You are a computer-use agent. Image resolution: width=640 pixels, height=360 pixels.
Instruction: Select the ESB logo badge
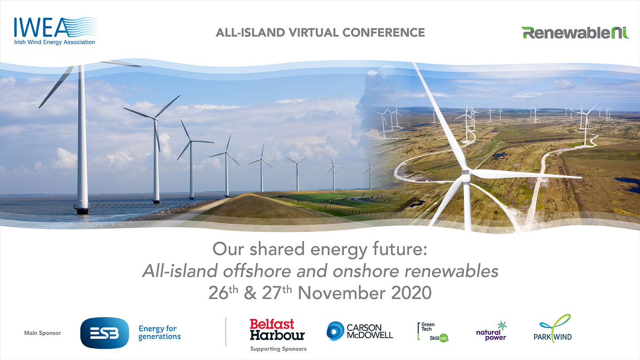(x=104, y=333)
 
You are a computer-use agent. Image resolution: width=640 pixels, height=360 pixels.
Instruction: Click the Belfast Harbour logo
(x=277, y=330)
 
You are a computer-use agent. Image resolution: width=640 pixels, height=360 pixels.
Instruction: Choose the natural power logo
(x=491, y=332)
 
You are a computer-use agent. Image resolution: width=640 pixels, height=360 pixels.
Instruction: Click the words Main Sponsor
(x=43, y=333)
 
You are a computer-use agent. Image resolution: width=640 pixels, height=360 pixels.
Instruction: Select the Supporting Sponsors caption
(x=278, y=349)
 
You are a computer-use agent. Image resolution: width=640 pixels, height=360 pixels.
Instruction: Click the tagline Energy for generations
(x=159, y=332)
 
